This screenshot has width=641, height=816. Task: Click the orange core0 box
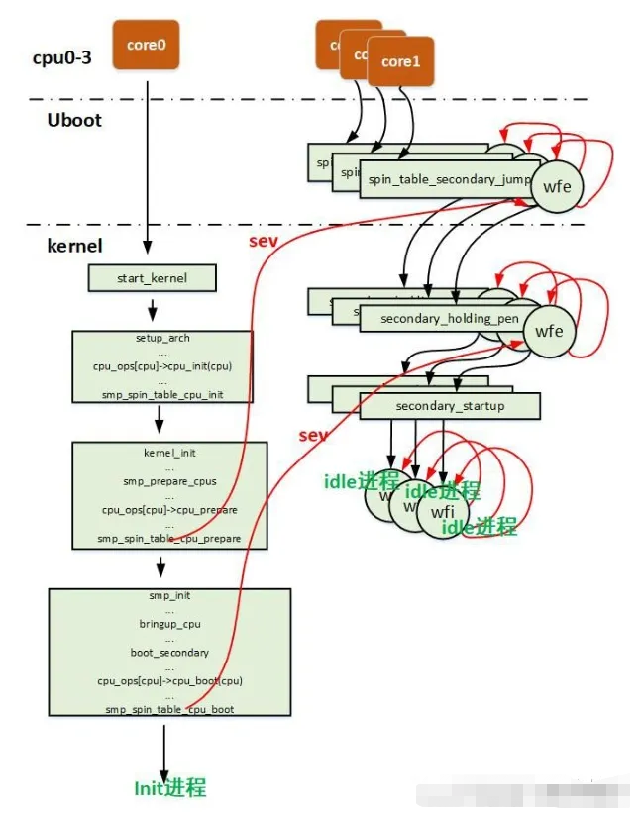[x=146, y=44]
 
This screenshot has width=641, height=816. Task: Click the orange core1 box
[x=401, y=61]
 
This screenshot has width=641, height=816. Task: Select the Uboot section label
[x=73, y=120]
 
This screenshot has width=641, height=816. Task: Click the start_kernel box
[x=152, y=278]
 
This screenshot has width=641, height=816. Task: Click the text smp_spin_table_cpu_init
[x=162, y=393]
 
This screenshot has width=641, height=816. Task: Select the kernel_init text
[x=169, y=452]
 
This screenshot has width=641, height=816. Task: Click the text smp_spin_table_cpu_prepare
[x=169, y=539]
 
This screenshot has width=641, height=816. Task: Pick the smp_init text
[x=169, y=596]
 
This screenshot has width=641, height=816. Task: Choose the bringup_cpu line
[x=169, y=625]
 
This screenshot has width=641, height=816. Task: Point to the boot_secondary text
[x=169, y=653]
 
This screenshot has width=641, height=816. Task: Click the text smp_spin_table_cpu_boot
[x=169, y=710]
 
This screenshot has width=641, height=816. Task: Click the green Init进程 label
[x=169, y=788]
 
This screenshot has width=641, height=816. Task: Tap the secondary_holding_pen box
[x=436, y=318]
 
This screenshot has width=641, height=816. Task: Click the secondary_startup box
[x=449, y=406]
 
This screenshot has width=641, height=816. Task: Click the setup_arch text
[x=162, y=338]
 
